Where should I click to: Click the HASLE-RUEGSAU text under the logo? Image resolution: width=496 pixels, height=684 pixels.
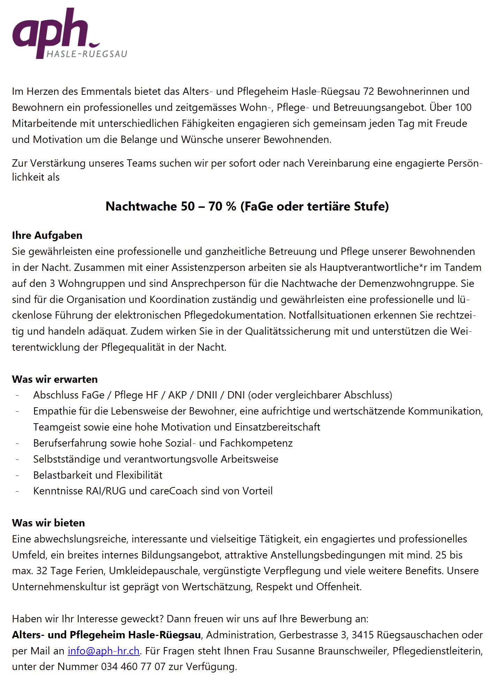pyautogui.click(x=87, y=54)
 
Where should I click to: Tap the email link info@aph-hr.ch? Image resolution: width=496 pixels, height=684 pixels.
pyautogui.click(x=104, y=651)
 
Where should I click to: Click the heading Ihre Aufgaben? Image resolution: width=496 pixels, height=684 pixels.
pyautogui.click(x=47, y=235)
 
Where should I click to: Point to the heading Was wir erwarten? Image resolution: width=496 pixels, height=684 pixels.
pyautogui.click(x=55, y=379)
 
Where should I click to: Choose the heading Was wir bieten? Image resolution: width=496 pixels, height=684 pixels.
pyautogui.click(x=48, y=523)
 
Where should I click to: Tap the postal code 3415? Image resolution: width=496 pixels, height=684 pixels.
pyautogui.click(x=362, y=635)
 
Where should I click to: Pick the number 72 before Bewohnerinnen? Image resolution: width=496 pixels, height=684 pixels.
pyautogui.click(x=368, y=91)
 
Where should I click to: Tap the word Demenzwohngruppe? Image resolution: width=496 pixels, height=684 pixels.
pyautogui.click(x=407, y=283)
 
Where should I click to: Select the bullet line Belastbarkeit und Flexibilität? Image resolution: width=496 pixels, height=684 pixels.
pyautogui.click(x=98, y=475)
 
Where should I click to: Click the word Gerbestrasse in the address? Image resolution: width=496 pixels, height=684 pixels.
pyautogui.click(x=308, y=635)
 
